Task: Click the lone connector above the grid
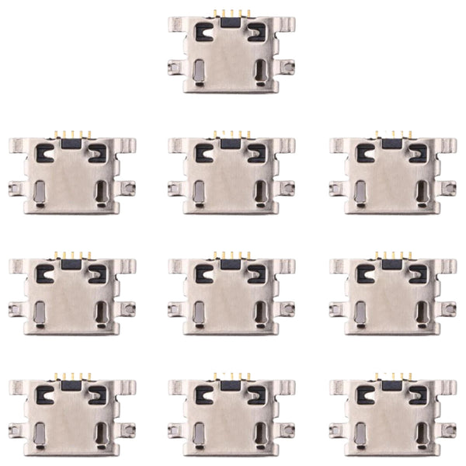231,54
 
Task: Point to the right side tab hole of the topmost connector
289,68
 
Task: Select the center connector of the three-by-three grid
231,295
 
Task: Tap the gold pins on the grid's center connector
231,254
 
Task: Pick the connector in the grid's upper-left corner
71,174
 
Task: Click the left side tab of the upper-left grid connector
14,187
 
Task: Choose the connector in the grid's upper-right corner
393,174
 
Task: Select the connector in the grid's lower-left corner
71,416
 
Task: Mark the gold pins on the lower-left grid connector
71,376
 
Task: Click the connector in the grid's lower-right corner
393,416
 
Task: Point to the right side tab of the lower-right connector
450,429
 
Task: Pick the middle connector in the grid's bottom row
231,416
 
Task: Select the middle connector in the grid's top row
231,174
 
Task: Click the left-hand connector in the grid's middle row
71,295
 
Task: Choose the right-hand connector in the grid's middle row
393,295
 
